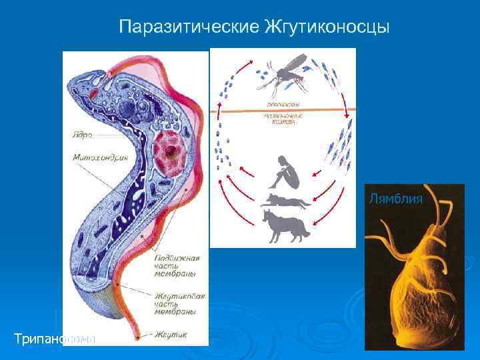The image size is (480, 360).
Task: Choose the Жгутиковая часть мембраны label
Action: tap(179, 303)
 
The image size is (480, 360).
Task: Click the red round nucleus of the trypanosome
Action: tap(172, 153)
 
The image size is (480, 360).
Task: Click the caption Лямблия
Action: tap(395, 198)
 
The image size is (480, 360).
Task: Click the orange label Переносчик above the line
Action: tap(283, 104)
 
